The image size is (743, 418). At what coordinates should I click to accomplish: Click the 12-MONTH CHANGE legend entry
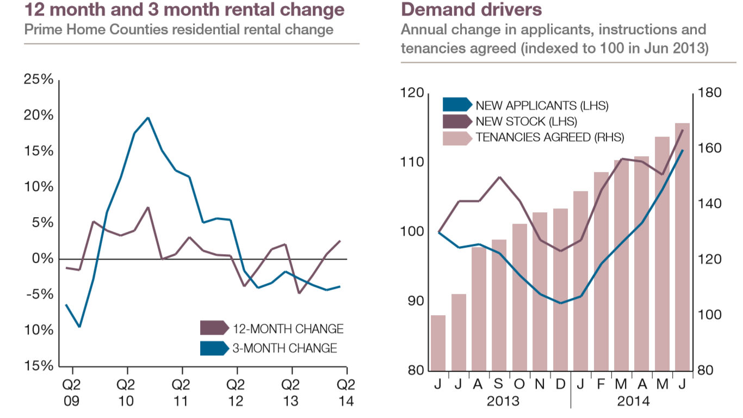(x=272, y=329)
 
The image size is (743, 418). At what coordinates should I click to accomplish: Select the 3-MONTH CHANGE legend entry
(x=269, y=348)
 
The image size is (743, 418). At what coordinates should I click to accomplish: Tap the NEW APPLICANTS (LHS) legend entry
(x=525, y=105)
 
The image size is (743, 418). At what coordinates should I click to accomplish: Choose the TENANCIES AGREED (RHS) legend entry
(x=533, y=138)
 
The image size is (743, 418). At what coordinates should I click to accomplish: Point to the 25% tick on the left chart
(x=39, y=79)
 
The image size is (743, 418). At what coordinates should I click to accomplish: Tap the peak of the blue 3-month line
(x=148, y=118)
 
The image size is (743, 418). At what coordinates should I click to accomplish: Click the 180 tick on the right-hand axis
(x=709, y=93)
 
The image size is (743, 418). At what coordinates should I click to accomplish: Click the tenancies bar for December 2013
(x=560, y=290)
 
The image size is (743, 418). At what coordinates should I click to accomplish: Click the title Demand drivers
(x=471, y=9)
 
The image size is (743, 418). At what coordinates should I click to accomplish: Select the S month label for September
(x=499, y=385)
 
